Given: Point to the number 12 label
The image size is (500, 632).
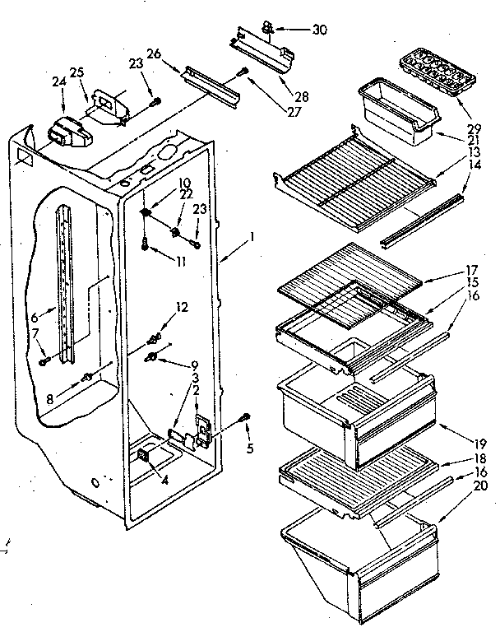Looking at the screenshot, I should [183, 307].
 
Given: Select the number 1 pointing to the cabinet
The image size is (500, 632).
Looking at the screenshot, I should [253, 237].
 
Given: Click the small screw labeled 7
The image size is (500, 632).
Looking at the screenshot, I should [44, 360].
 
